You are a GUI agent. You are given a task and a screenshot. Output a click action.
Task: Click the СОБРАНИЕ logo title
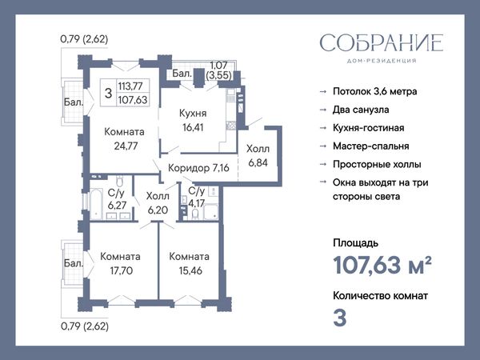pos(382,43)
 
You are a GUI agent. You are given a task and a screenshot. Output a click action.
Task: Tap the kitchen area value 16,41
pos(193,127)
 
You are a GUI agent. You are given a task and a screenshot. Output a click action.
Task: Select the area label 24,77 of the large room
pos(126,146)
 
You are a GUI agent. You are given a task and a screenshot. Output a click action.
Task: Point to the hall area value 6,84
pos(258,163)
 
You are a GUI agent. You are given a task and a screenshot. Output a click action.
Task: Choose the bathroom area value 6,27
pos(117,205)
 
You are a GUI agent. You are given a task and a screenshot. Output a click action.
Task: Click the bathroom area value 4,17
pos(196,203)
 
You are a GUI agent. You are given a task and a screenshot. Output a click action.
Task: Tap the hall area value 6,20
pos(158,210)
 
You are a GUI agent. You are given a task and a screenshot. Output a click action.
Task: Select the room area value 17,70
pos(122,270)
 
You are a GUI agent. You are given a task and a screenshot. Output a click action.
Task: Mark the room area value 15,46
pos(190,270)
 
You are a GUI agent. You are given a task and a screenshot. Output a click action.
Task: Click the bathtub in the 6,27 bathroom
pos(96,204)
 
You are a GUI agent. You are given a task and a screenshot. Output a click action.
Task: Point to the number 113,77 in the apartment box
pos(130,86)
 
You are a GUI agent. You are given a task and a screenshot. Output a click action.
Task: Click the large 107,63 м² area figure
pos(382,265)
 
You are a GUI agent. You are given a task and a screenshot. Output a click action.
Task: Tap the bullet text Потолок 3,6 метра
pos(375,91)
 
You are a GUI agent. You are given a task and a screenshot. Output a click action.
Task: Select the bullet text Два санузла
pos(361,110)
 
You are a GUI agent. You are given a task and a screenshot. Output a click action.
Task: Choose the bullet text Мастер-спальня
pos(371,146)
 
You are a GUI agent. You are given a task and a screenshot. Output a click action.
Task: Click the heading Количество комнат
pos(381,296)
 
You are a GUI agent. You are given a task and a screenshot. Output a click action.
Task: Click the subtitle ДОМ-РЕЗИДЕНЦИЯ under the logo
pos(382,61)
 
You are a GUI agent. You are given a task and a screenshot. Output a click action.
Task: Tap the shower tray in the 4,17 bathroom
pos(210,212)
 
